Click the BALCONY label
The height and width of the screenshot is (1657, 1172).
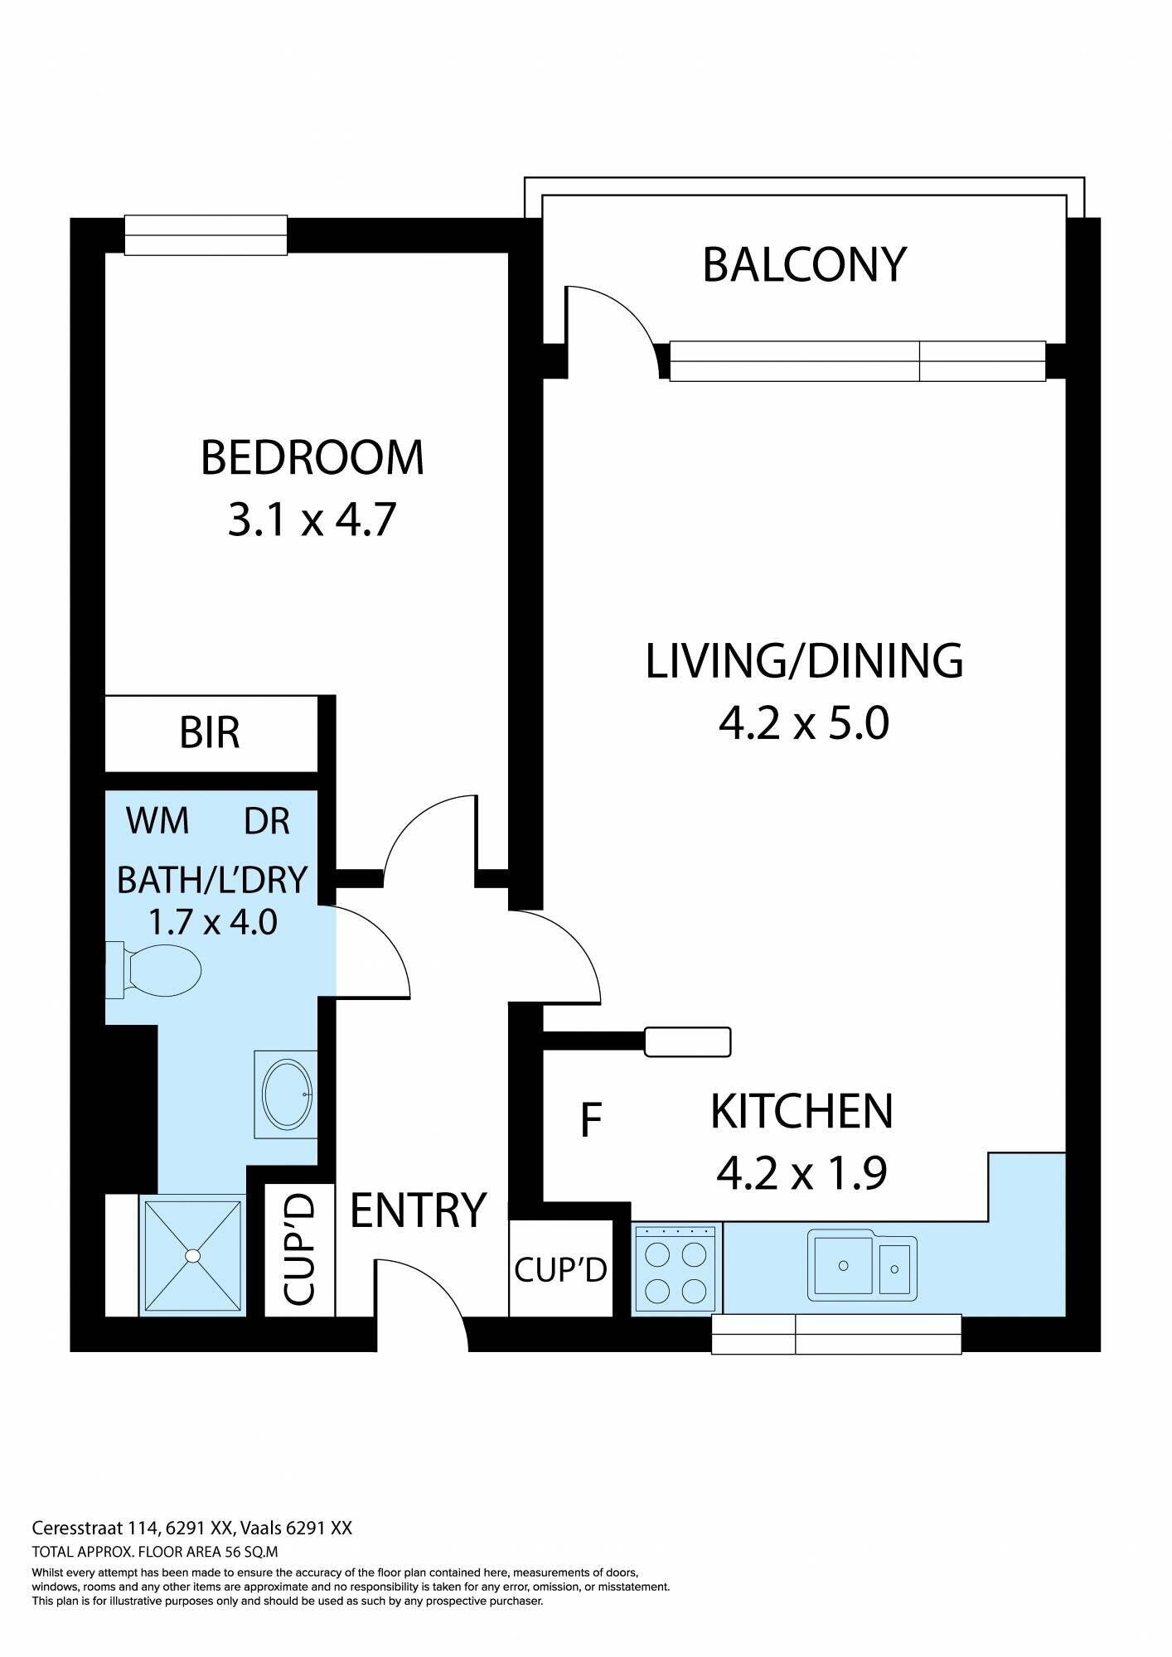[804, 265]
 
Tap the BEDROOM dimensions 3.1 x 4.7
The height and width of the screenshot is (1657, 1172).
[312, 520]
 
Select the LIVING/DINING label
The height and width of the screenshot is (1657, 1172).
[804, 661]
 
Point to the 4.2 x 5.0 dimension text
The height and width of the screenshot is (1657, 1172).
[804, 722]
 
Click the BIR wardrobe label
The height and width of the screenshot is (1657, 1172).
[210, 732]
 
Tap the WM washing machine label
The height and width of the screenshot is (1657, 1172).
[157, 821]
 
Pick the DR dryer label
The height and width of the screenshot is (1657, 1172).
[267, 821]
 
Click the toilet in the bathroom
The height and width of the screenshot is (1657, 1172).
[154, 967]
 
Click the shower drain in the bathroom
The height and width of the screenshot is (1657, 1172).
[193, 1256]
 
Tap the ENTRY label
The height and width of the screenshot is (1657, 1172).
[418, 1210]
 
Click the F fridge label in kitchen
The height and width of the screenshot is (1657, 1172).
[590, 1120]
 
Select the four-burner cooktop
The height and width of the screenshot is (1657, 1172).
[676, 1269]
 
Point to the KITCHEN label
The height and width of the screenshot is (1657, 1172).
[802, 1112]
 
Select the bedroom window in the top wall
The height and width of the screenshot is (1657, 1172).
[206, 235]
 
